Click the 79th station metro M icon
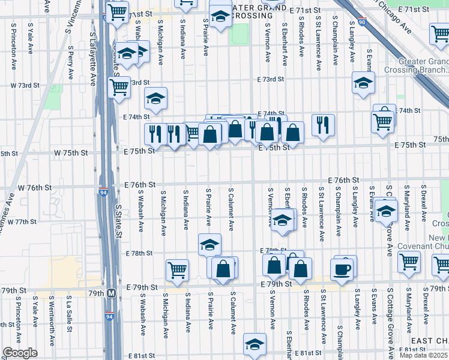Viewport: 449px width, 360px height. (x=112, y=293)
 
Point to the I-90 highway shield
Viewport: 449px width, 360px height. (x=360, y=22)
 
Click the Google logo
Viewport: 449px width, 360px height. (x=20, y=353)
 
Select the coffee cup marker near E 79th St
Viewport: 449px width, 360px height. (x=342, y=269)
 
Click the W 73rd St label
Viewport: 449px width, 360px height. (x=25, y=86)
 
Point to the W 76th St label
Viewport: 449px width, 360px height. (x=34, y=187)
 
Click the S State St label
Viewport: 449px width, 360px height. (x=118, y=223)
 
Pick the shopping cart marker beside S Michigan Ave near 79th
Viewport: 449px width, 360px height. (x=177, y=270)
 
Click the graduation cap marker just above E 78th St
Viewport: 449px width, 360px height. (x=209, y=244)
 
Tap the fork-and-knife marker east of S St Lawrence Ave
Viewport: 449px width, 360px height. (x=323, y=125)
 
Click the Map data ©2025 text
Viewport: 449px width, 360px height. (x=423, y=355)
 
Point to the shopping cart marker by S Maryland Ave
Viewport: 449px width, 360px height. (x=409, y=261)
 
